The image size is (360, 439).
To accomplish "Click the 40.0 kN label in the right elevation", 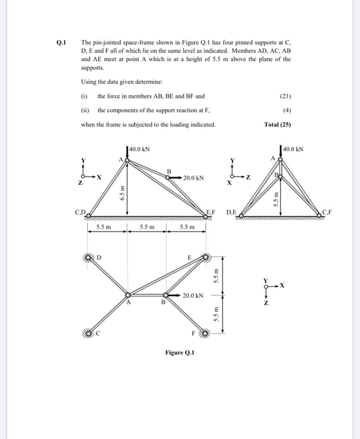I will [294, 149].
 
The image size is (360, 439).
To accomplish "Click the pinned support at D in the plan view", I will [88, 257].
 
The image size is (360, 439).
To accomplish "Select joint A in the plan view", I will [128, 295].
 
